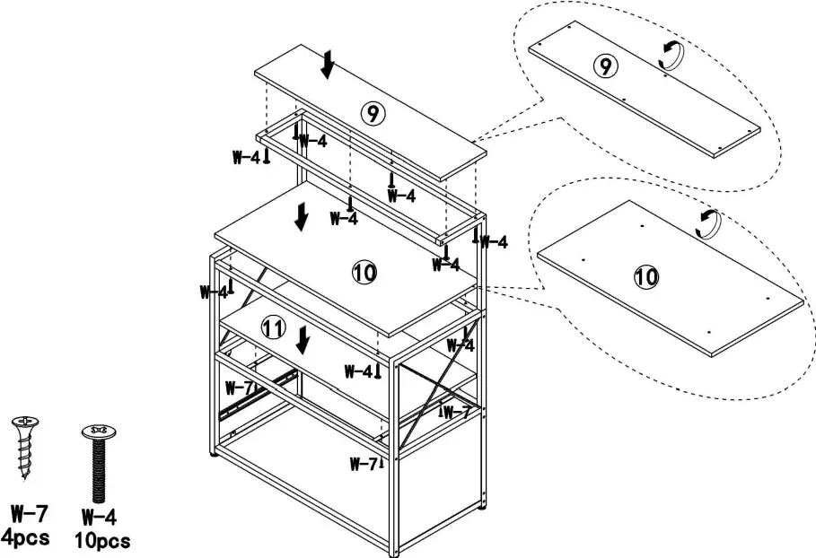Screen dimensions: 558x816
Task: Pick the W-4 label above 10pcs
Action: (99, 517)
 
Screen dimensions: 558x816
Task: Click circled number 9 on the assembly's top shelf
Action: (372, 113)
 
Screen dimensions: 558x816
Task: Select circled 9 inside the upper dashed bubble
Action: (606, 65)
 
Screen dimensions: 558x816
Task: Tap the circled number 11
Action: (273, 328)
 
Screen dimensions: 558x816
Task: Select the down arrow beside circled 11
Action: (304, 339)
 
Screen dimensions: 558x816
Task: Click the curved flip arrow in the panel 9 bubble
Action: (671, 57)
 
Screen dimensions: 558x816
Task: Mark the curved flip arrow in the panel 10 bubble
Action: (709, 223)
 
